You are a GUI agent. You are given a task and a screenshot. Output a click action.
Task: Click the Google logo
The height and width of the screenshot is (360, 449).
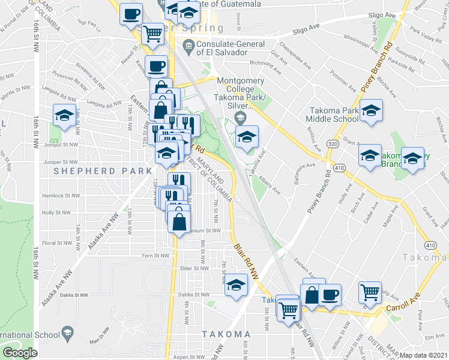(19, 353)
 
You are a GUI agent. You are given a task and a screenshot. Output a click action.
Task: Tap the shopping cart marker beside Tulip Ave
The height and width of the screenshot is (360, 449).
(370, 293)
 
